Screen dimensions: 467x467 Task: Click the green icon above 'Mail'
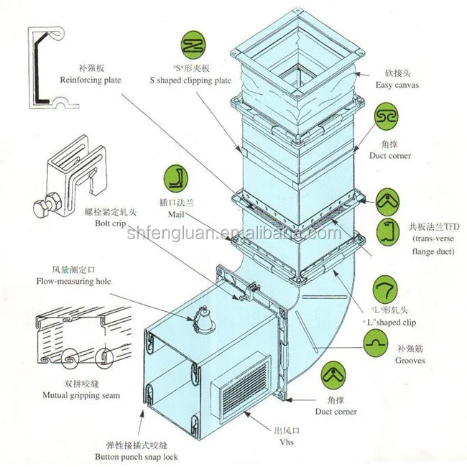[177, 177]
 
